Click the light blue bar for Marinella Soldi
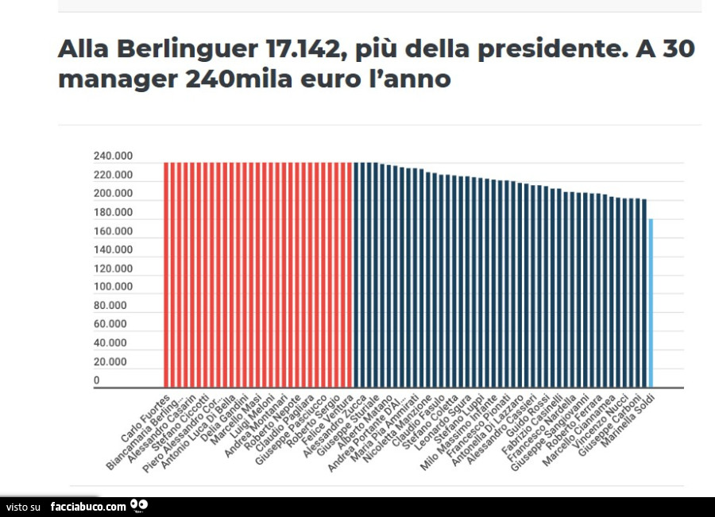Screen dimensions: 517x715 tap(651, 303)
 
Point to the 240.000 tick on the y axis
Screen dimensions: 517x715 tap(113, 156)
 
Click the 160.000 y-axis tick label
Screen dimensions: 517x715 tap(113, 231)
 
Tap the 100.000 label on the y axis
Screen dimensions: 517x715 tap(113, 287)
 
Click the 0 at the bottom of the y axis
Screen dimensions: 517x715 tap(97, 380)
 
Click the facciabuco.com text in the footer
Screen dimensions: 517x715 tap(88, 507)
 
